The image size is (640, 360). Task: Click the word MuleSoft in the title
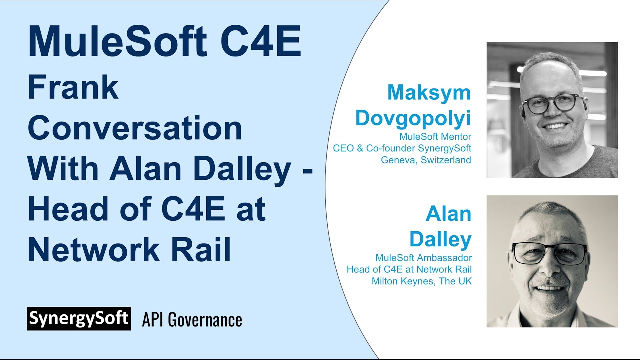coord(116,42)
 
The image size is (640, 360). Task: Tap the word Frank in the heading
coord(73,88)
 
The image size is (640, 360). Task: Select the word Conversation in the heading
coord(135,128)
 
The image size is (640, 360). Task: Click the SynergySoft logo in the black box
coord(79,319)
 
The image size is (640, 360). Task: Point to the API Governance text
coord(192,320)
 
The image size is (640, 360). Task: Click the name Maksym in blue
coord(429,92)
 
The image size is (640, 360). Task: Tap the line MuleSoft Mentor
coord(435,136)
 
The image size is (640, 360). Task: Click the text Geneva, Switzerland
coord(426,160)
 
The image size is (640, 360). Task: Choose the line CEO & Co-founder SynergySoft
coord(402,148)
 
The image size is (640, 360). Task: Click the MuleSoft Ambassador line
coord(423,258)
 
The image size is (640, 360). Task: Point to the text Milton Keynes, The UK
coord(421,281)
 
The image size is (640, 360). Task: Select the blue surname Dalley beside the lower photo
coord(440,239)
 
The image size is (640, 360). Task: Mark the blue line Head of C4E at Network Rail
coord(409,270)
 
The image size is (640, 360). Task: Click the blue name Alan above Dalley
coord(448,214)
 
